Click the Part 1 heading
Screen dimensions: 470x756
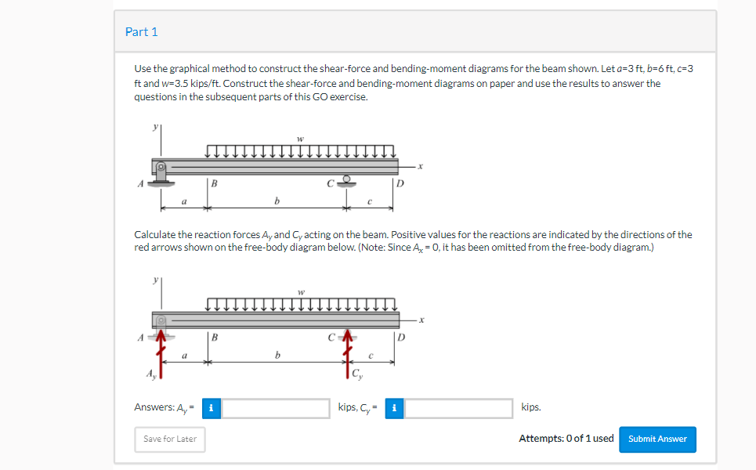click(x=142, y=32)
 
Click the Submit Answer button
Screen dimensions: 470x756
click(x=657, y=439)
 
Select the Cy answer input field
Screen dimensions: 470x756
click(x=459, y=408)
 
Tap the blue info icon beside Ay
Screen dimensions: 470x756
click(x=211, y=408)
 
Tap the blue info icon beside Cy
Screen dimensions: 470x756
click(x=395, y=408)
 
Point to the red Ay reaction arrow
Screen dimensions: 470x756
click(x=161, y=353)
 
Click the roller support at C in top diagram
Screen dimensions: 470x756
click(x=345, y=181)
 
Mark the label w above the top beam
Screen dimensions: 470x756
click(x=300, y=139)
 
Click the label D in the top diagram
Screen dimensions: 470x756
click(x=400, y=185)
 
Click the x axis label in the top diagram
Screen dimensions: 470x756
click(x=421, y=166)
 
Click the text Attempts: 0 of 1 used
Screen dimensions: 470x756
click(x=566, y=439)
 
